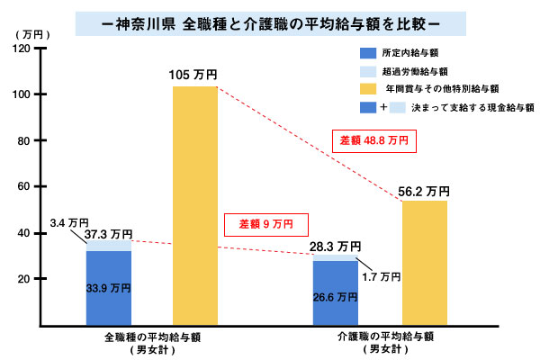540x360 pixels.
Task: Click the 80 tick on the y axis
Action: (23, 141)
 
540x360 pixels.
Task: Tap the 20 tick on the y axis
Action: (23, 279)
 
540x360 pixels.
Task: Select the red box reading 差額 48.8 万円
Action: (374, 141)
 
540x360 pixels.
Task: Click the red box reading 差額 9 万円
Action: (273, 223)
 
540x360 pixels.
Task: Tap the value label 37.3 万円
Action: (109, 233)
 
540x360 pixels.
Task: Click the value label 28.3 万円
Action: (335, 246)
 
